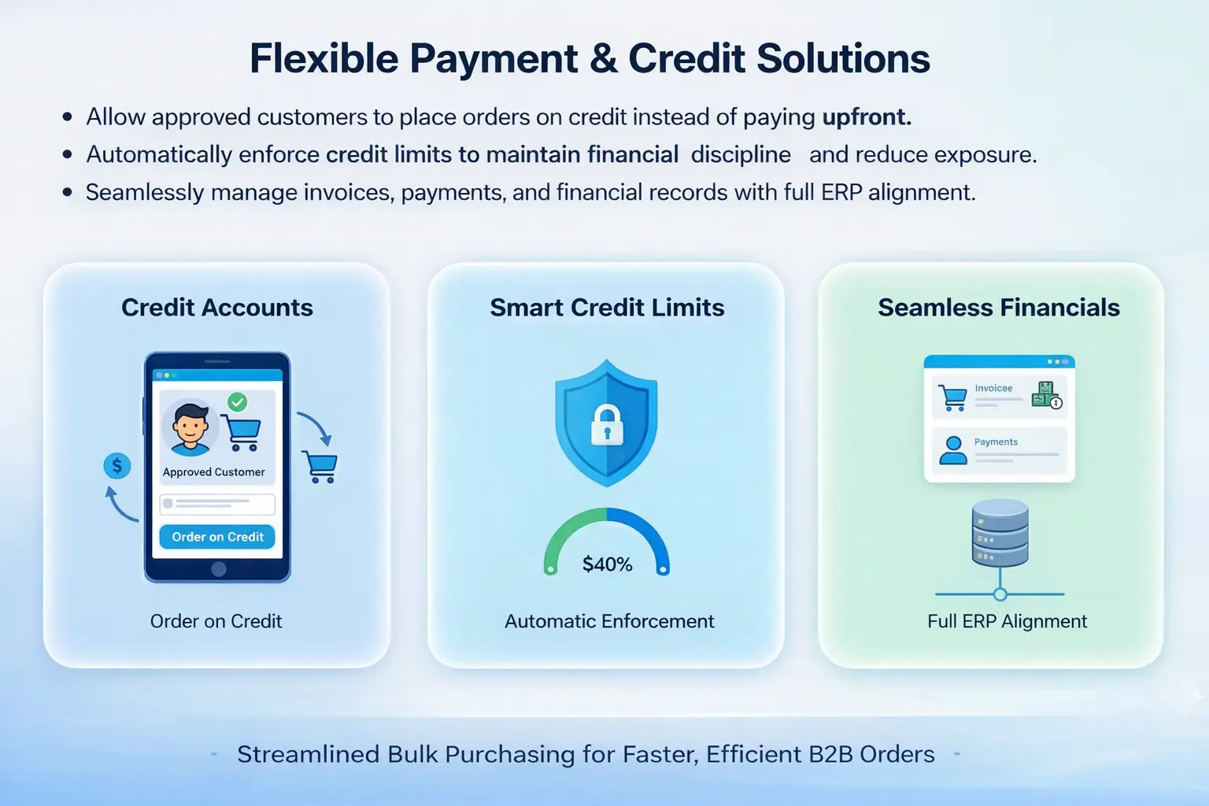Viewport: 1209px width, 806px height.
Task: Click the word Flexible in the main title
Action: (324, 59)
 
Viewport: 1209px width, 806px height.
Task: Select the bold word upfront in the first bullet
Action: (866, 117)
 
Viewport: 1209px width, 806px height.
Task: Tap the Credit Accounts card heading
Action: (217, 308)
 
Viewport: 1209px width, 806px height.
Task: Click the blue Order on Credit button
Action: (217, 537)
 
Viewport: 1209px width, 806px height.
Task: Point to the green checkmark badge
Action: (237, 402)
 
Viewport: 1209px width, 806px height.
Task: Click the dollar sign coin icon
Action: (117, 466)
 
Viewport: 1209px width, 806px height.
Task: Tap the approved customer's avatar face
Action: (190, 427)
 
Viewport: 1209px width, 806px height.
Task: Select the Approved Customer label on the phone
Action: (213, 472)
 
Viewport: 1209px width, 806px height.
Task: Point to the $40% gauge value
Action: (607, 564)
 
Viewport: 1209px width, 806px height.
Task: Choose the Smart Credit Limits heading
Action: (607, 308)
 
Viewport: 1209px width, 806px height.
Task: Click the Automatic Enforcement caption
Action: (609, 622)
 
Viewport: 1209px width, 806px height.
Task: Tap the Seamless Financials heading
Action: (998, 308)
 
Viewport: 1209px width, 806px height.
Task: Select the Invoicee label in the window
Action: (993, 388)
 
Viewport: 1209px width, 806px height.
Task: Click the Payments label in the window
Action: (996, 442)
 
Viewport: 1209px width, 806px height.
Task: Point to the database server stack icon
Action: (1000, 533)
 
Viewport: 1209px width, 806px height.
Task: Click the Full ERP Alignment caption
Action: (1007, 622)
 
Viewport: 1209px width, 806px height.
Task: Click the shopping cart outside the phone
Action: (321, 467)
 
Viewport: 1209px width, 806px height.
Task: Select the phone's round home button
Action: (219, 569)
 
